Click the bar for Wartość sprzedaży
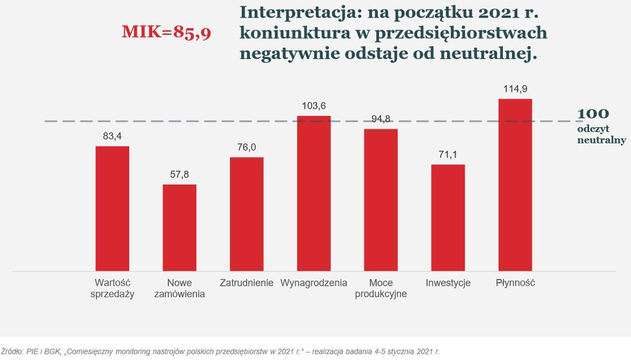[112, 208]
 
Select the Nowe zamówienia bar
[180, 227]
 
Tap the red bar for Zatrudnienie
[247, 214]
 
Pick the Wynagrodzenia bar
[314, 193]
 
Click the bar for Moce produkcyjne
[381, 200]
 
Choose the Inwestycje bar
[448, 217]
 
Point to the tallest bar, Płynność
[515, 185]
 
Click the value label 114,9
[515, 89]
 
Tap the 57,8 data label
[180, 174]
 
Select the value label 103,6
[314, 106]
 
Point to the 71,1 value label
[448, 155]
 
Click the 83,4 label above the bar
[112, 136]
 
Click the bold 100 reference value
[593, 114]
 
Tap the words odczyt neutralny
[601, 135]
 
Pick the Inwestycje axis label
[448, 283]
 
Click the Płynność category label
[515, 283]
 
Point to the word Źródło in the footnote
[12, 351]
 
